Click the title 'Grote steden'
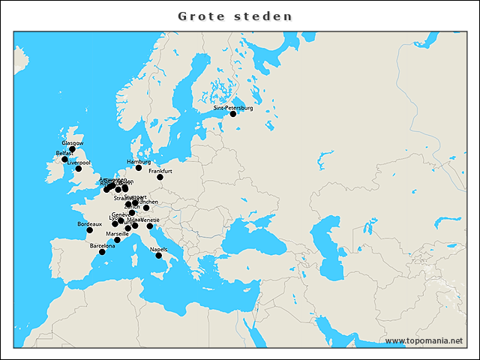point(235,16)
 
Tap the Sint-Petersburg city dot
point(232,114)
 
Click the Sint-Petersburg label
point(233,108)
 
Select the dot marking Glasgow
point(72,149)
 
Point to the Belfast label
point(64,153)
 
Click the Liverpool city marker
point(79,169)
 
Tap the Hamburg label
point(139,162)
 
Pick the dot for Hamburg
point(139,168)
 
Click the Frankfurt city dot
point(160,177)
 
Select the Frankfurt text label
point(160,171)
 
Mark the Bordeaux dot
point(89,229)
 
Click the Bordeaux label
point(89,223)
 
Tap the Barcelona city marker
point(102,252)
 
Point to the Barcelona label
point(103,246)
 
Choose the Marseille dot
point(117,240)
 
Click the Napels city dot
point(158,256)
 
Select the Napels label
point(158,250)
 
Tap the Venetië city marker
point(149,226)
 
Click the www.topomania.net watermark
point(424,340)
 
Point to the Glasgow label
point(73,142)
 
